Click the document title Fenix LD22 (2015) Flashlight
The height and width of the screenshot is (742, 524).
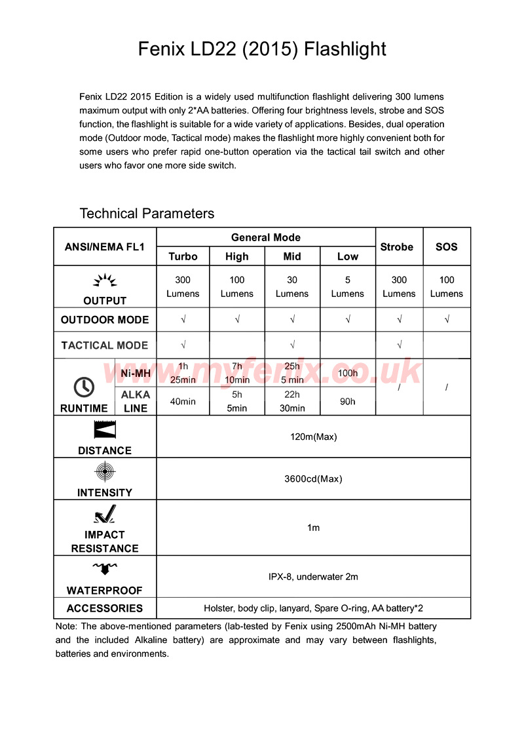tap(262, 49)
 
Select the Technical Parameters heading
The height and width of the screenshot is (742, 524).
tap(147, 214)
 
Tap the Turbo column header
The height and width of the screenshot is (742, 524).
tap(183, 256)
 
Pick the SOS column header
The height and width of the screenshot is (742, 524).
tap(447, 247)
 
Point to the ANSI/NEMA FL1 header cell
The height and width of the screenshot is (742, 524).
tap(105, 247)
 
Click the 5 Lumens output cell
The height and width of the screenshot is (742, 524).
tap(348, 287)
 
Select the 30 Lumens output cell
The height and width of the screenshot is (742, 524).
tap(292, 287)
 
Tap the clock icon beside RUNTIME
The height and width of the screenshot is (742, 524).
tap(84, 387)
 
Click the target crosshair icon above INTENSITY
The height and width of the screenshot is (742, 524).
tap(105, 472)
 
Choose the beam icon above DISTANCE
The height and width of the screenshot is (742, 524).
tap(105, 430)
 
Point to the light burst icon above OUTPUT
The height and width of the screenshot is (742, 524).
tap(105, 281)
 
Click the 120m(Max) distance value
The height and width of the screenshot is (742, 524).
tap(313, 437)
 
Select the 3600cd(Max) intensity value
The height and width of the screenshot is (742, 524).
tap(313, 478)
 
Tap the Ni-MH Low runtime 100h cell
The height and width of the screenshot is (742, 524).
tap(348, 373)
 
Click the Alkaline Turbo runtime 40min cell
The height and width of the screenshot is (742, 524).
tap(183, 401)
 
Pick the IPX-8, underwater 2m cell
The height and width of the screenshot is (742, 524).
tap(313, 577)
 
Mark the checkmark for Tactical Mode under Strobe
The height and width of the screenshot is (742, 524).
tap(399, 345)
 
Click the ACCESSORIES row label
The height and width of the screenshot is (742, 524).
tap(105, 608)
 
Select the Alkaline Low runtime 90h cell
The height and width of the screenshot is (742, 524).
tap(348, 401)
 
